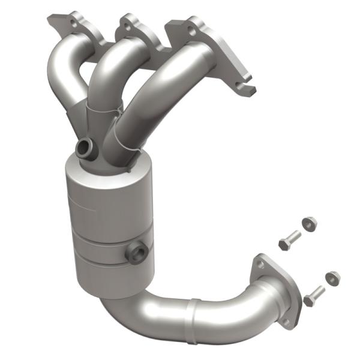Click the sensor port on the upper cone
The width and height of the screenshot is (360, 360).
pos(85,147)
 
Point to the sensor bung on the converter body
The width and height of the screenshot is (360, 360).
pos(136,253)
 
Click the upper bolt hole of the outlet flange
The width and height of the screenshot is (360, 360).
pos(260,262)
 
